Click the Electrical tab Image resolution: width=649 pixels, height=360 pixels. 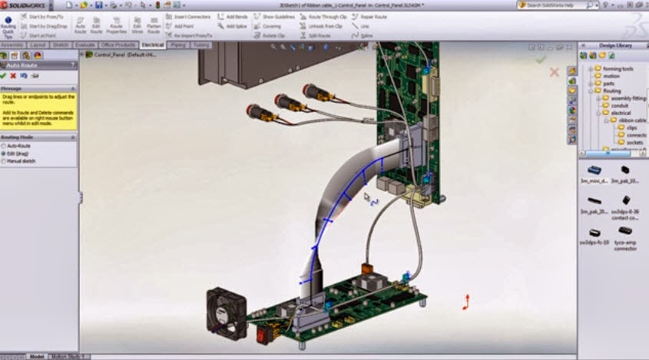[x=153, y=45]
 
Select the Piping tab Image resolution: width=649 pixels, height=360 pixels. [x=178, y=45]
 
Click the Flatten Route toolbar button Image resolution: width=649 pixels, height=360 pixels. [x=154, y=25]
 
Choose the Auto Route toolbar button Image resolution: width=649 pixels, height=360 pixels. [x=81, y=25]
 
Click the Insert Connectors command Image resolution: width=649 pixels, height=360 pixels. [x=193, y=15]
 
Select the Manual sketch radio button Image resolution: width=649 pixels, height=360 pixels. [x=19, y=161]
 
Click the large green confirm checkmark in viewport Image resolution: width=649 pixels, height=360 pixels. [x=541, y=59]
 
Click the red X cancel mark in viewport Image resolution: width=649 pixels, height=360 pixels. [x=555, y=72]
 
